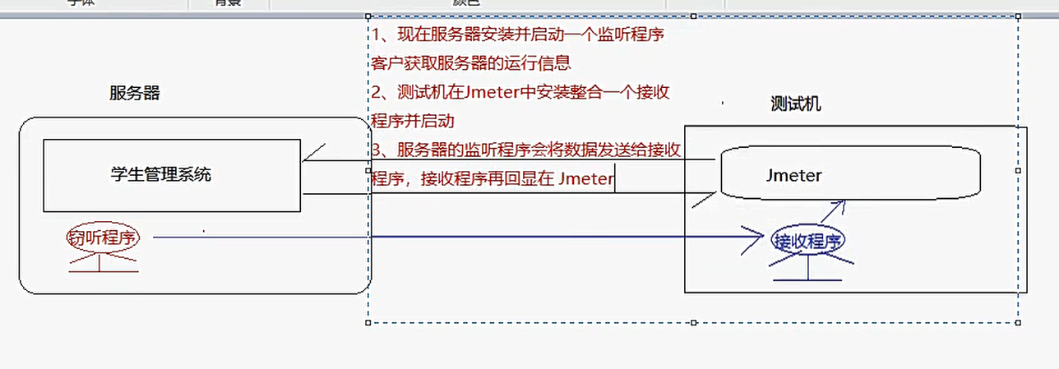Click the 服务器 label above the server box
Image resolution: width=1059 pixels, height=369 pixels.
coord(134,93)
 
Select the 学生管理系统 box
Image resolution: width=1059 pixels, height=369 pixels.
coord(171,174)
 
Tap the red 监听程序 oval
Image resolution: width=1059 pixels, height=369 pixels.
coord(103,238)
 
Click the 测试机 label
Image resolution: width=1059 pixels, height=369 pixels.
coord(795,104)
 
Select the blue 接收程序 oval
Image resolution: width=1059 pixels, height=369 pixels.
coord(808,241)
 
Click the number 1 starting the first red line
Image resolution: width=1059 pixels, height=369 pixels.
coord(377,35)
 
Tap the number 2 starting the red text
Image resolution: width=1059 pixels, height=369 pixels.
coord(377,93)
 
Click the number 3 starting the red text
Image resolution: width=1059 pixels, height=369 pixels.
coord(377,150)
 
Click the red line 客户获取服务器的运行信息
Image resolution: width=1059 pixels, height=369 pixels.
coord(471,63)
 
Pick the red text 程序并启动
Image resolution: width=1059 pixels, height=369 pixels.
coord(413,122)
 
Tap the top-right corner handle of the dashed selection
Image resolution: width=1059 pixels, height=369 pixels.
coord(1019,16)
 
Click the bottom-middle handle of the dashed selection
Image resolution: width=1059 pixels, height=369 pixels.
coord(693,322)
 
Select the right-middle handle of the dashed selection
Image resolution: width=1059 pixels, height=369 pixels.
coord(1019,170)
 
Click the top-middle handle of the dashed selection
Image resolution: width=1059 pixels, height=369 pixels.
coord(693,16)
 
